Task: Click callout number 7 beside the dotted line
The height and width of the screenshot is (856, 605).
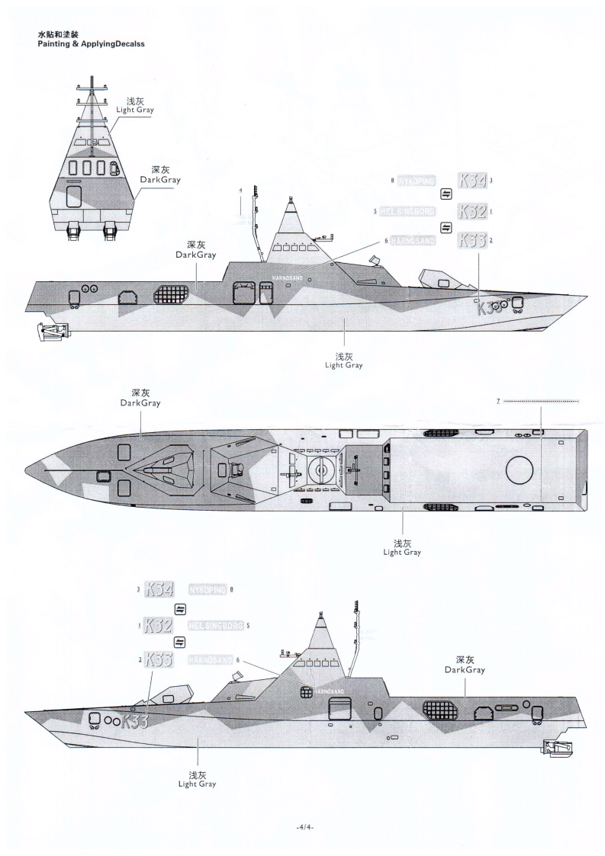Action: click(x=497, y=401)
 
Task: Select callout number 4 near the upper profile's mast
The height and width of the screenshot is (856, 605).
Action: click(x=240, y=190)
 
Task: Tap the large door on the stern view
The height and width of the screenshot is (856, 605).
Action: click(x=75, y=195)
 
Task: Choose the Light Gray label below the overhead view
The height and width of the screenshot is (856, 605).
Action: click(x=402, y=547)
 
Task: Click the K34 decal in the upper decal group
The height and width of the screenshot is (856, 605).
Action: click(x=471, y=181)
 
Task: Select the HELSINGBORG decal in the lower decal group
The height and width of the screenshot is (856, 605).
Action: click(x=215, y=626)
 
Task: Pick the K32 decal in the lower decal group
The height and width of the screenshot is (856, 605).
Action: click(x=158, y=626)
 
